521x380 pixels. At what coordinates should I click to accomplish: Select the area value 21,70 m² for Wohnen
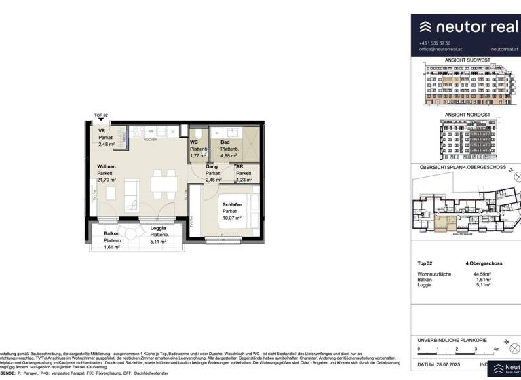107,180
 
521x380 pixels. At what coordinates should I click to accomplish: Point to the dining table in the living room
161,181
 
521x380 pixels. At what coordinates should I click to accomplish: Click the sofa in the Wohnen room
130,189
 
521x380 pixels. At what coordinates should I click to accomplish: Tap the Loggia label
158,228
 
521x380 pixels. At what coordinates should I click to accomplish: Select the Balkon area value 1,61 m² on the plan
112,248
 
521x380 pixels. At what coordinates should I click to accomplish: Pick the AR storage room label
239,166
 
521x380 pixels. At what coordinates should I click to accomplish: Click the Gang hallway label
212,166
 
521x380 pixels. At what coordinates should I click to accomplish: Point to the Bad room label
225,142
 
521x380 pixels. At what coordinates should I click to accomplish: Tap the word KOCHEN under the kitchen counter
151,140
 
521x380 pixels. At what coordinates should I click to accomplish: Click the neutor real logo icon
425,26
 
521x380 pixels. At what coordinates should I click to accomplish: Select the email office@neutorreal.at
442,50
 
